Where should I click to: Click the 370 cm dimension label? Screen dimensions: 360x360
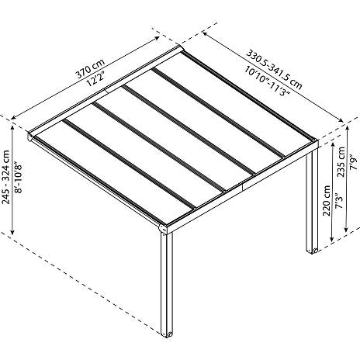click(90, 68)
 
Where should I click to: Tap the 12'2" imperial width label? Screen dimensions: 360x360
click(96, 78)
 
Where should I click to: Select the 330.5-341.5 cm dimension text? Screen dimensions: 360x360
click(274, 70)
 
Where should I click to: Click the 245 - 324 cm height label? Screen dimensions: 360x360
click(5, 177)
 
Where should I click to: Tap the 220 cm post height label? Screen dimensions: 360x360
click(327, 200)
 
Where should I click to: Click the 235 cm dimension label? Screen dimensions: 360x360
click(341, 161)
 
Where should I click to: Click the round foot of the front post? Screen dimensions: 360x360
click(170, 334)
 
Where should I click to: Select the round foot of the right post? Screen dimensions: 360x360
click(315, 251)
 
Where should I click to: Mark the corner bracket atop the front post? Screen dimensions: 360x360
click(163, 229)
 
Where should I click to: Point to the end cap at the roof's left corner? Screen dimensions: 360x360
click(29, 136)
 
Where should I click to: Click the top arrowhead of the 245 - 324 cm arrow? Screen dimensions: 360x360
click(12, 127)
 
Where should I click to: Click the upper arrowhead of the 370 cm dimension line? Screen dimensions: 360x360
click(157, 38)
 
